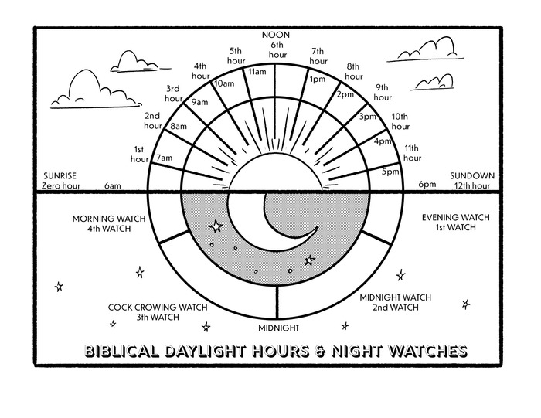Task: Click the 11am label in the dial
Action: pyautogui.click(x=257, y=72)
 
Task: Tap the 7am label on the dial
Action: pyautogui.click(x=164, y=158)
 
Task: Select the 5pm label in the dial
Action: pyautogui.click(x=390, y=171)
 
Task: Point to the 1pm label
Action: pyautogui.click(x=316, y=79)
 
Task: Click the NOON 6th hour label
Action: pyautogui.click(x=276, y=40)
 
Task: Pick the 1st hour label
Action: pyautogui.click(x=139, y=154)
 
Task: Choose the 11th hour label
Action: pyautogui.click(x=411, y=152)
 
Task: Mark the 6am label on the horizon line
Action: pyautogui.click(x=113, y=185)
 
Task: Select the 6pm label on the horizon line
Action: pyautogui.click(x=427, y=185)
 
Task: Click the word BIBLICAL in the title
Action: pyautogui.click(x=118, y=352)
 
